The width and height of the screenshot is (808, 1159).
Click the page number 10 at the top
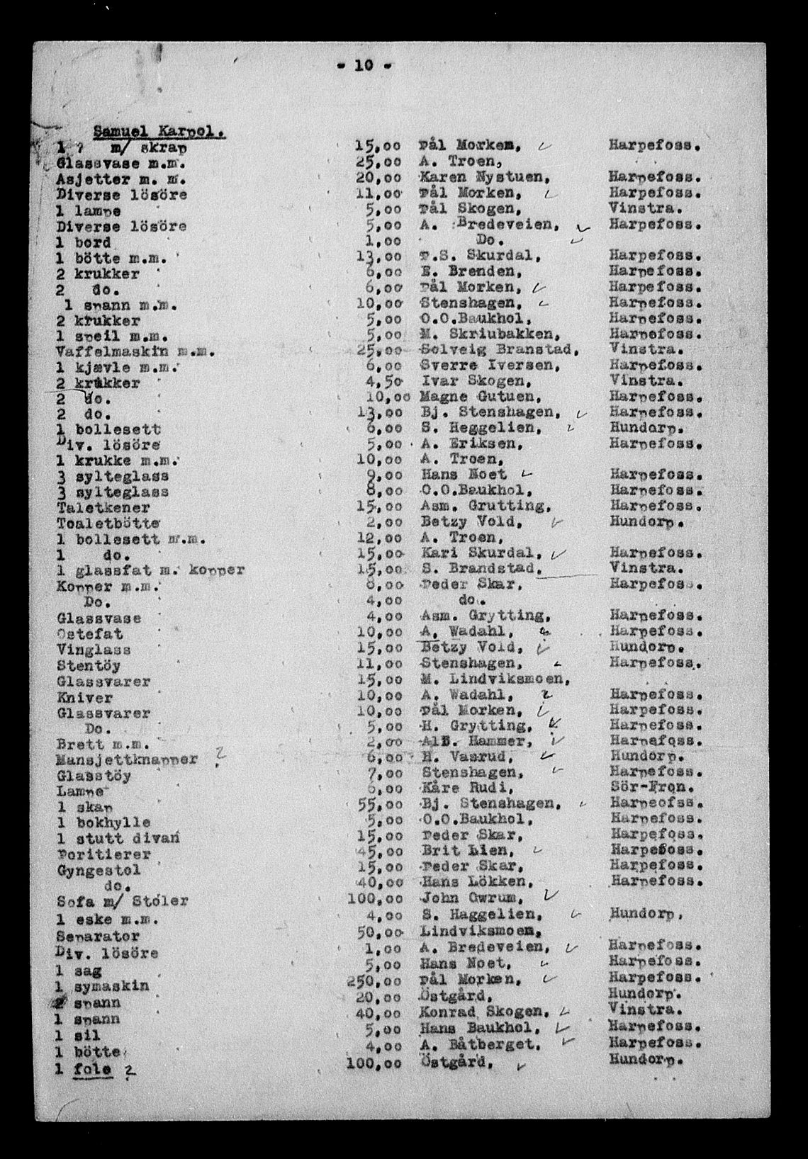[364, 66]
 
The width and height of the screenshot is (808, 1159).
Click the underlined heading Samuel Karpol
[160, 130]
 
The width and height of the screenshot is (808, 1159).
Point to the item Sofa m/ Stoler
[123, 902]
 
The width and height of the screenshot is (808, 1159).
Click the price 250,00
[378, 979]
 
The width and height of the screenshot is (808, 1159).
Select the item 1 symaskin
[103, 986]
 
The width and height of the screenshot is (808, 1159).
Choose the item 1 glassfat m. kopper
[151, 570]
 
